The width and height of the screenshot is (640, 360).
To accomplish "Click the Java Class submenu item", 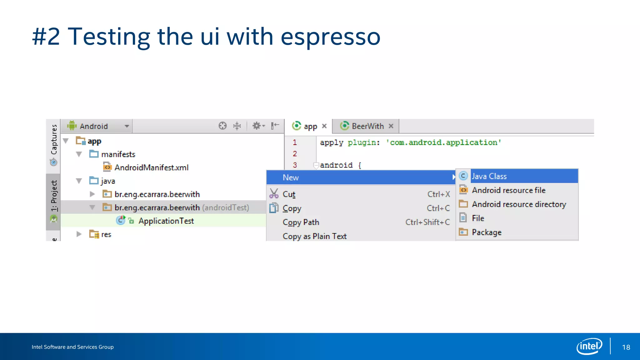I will [x=489, y=176].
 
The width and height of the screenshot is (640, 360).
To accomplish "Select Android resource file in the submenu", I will [x=508, y=190].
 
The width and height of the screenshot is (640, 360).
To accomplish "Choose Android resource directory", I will [x=519, y=204].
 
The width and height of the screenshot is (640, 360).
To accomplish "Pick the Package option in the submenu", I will [x=487, y=232].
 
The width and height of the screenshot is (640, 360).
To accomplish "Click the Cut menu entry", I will [x=289, y=194].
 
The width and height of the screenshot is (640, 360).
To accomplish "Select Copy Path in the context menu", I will [x=301, y=222].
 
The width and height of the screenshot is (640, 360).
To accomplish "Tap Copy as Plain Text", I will [x=314, y=236].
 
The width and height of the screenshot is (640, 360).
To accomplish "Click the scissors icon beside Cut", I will [x=274, y=194].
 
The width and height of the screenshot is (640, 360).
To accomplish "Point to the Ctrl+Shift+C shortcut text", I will [x=427, y=222].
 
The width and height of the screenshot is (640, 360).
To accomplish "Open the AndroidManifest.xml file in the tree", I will [x=151, y=167].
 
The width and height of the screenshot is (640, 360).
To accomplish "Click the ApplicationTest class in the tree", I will [x=166, y=221].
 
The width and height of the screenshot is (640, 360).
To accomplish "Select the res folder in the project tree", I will [x=106, y=234].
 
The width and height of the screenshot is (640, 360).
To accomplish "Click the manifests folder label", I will [x=118, y=154].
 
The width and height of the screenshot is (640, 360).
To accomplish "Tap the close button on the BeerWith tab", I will [x=391, y=126].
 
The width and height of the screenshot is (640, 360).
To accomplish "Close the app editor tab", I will [x=324, y=126].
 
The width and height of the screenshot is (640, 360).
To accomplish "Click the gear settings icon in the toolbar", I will [x=257, y=126].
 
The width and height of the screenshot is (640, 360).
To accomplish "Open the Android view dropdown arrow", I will [x=127, y=126].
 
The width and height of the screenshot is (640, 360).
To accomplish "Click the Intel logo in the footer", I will [x=589, y=346].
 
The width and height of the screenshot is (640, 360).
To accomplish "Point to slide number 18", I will [x=626, y=347].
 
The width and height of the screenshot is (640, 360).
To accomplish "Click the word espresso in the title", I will [x=330, y=37].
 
